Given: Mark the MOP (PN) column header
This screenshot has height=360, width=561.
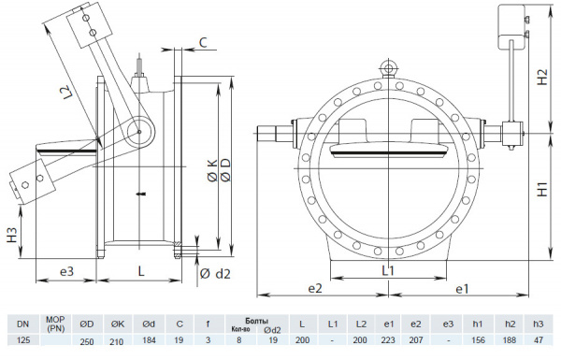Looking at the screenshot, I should coord(55,324).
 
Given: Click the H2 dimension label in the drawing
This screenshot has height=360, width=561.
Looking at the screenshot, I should coord(541,78).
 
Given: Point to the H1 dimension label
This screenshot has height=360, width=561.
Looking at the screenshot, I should coord(541,188).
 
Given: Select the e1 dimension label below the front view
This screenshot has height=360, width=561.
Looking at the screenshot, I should coord(461,289).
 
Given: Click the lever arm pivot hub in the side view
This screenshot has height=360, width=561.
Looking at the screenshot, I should coord(137,132).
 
